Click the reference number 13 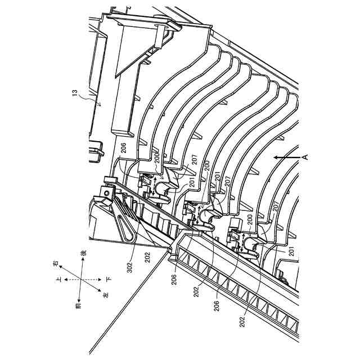click(74, 96)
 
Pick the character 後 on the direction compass click(83, 254)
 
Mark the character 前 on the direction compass click(79, 305)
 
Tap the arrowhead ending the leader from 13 click(99, 105)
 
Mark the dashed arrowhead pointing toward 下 click(100, 278)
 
